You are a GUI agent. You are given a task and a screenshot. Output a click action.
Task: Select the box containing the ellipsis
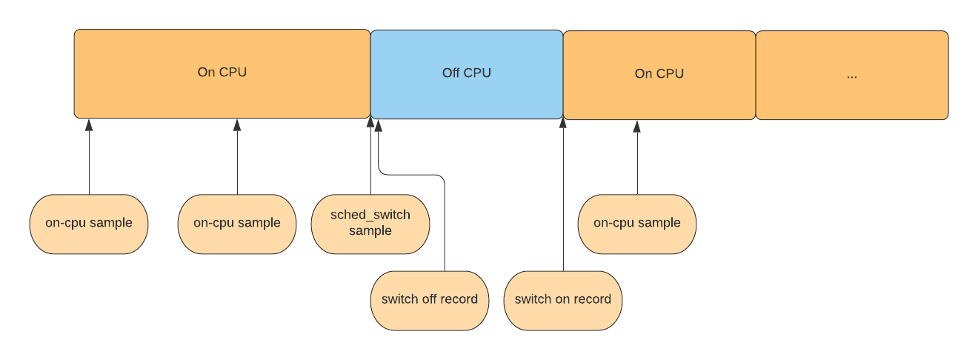(x=851, y=75)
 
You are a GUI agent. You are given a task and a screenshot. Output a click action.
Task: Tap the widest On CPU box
(x=222, y=73)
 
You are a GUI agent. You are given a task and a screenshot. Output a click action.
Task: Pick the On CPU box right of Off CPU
(x=659, y=74)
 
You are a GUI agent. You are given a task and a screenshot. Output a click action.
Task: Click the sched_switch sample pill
(x=370, y=224)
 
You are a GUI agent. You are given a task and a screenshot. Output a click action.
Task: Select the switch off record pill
(x=430, y=300)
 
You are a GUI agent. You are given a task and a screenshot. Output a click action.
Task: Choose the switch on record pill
(x=563, y=300)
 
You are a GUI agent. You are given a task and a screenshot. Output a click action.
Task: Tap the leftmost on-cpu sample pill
(x=89, y=224)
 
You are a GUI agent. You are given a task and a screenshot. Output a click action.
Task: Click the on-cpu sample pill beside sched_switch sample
(x=237, y=224)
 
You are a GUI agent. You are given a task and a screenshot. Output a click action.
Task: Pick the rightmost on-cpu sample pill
(x=637, y=224)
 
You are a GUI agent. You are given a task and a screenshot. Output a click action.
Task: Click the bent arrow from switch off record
(x=445, y=222)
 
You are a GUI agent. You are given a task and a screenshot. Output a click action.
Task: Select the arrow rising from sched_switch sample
(x=370, y=159)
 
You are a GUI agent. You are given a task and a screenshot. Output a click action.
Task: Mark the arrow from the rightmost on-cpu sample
(x=637, y=159)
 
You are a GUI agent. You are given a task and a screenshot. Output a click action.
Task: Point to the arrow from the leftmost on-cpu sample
(x=89, y=159)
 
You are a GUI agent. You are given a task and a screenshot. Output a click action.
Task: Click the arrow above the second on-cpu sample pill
(x=237, y=159)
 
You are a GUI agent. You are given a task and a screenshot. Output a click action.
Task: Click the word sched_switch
(x=370, y=215)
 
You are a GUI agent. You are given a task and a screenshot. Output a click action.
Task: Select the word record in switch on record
(x=593, y=300)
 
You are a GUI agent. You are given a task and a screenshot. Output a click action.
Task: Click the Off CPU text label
(x=467, y=73)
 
